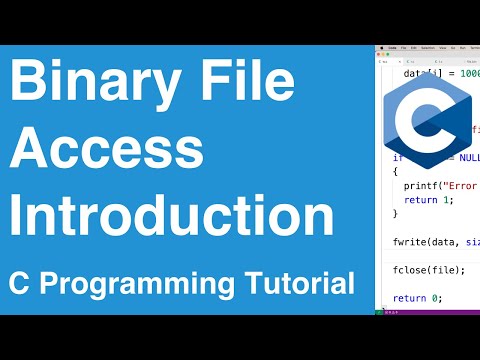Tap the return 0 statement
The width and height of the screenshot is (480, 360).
414,297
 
